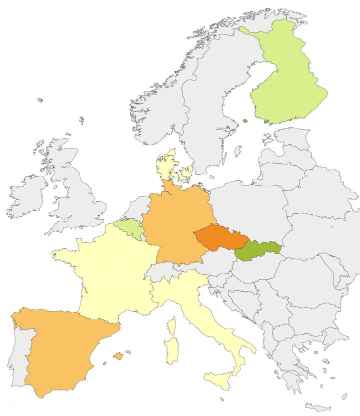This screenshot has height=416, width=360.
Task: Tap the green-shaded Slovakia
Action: click(x=255, y=250)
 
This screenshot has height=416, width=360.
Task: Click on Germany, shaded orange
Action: click(x=174, y=220)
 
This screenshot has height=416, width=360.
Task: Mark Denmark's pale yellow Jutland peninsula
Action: click(x=165, y=165)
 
